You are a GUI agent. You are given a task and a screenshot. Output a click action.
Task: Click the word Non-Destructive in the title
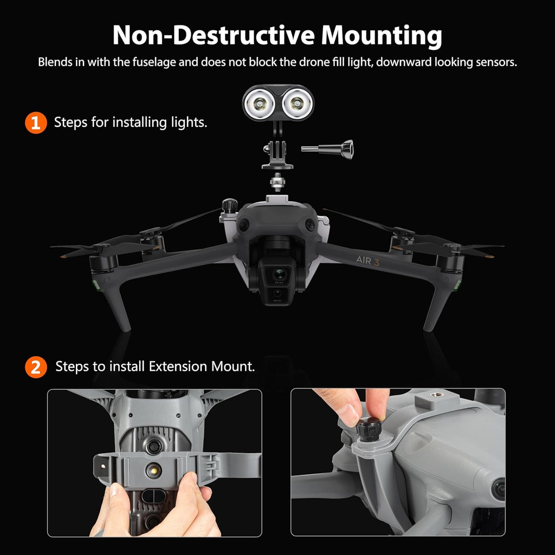214,35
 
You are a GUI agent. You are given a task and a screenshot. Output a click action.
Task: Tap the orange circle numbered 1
36,123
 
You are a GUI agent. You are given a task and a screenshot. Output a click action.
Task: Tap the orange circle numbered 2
36,367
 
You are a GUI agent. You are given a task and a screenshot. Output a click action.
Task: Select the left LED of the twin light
260,104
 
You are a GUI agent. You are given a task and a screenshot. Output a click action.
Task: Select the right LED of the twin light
296,104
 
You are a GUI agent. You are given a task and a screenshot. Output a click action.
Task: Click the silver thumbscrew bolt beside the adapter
327,149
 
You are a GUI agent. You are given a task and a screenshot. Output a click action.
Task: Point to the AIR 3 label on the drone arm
368,261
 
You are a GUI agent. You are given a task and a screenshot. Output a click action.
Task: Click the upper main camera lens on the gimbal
280,274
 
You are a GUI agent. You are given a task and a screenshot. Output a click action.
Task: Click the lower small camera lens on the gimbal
277,293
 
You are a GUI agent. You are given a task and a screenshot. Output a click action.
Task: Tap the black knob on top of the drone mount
230,205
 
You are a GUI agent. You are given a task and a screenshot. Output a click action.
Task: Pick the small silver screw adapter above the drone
277,182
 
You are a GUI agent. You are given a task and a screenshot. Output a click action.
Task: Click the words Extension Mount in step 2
202,366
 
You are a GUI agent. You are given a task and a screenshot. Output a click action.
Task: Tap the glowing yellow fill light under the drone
154,470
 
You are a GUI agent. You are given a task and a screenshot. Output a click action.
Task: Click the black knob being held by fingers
369,429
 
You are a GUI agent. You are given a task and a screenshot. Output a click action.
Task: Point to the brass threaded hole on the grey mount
434,395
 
